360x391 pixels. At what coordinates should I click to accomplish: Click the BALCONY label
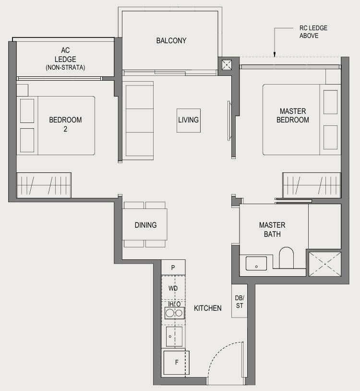tap(171, 41)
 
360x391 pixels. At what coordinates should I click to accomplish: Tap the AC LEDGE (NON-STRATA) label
tap(65, 59)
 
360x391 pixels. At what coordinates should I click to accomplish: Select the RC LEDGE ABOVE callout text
tap(313, 32)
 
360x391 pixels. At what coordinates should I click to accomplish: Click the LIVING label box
tap(189, 121)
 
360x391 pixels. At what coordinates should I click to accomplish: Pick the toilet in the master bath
tap(286, 257)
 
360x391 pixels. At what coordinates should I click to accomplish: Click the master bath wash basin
tap(256, 263)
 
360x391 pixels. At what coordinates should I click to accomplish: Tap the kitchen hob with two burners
tap(174, 313)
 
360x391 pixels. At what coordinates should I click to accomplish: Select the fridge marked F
tap(176, 363)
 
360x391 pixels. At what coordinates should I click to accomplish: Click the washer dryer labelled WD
tap(173, 288)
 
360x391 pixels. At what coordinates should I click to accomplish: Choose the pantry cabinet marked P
tap(173, 268)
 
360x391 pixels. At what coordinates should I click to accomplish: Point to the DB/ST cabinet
tap(240, 301)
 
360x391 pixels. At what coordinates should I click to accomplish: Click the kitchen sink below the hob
tap(174, 336)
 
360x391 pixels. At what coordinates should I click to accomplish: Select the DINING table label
tap(145, 225)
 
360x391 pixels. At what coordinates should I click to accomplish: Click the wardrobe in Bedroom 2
tap(44, 185)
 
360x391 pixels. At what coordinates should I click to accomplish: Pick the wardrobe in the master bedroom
tap(312, 185)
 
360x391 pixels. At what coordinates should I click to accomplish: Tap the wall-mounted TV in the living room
tap(229, 121)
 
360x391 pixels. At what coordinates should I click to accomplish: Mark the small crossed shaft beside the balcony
tap(227, 65)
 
